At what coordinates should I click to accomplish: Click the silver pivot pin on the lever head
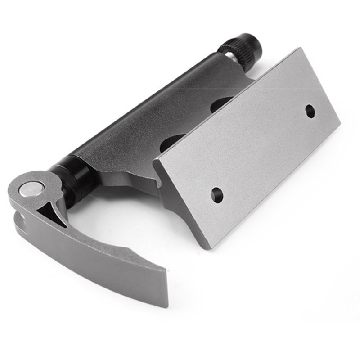pos(31,188)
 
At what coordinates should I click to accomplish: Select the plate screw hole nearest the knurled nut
pos(310,111)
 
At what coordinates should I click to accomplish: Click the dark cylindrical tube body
pos(148,112)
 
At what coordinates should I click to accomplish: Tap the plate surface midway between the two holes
pos(264,153)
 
